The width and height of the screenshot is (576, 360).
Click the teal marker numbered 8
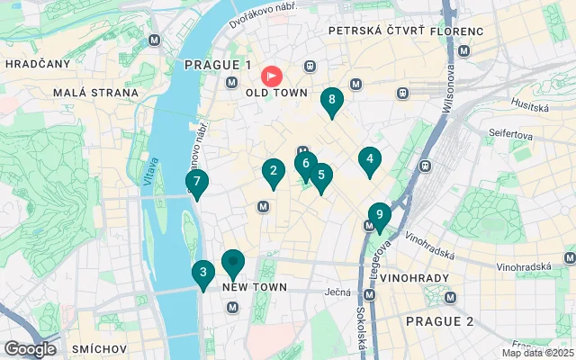click(x=332, y=101)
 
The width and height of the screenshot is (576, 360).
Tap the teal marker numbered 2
click(x=273, y=170)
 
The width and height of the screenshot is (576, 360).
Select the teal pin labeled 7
click(x=196, y=182)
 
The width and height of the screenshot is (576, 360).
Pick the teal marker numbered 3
click(x=203, y=273)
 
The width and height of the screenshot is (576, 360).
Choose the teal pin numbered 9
click(x=380, y=215)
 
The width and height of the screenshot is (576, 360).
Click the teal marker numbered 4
click(x=368, y=159)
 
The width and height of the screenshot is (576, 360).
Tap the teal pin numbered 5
click(x=320, y=176)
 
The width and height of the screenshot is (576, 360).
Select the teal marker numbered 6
click(x=306, y=165)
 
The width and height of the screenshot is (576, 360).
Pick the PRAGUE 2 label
click(x=438, y=321)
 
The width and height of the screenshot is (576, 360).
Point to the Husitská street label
click(x=531, y=105)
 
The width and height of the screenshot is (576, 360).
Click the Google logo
click(x=30, y=349)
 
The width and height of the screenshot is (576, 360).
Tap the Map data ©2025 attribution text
click(x=536, y=353)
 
